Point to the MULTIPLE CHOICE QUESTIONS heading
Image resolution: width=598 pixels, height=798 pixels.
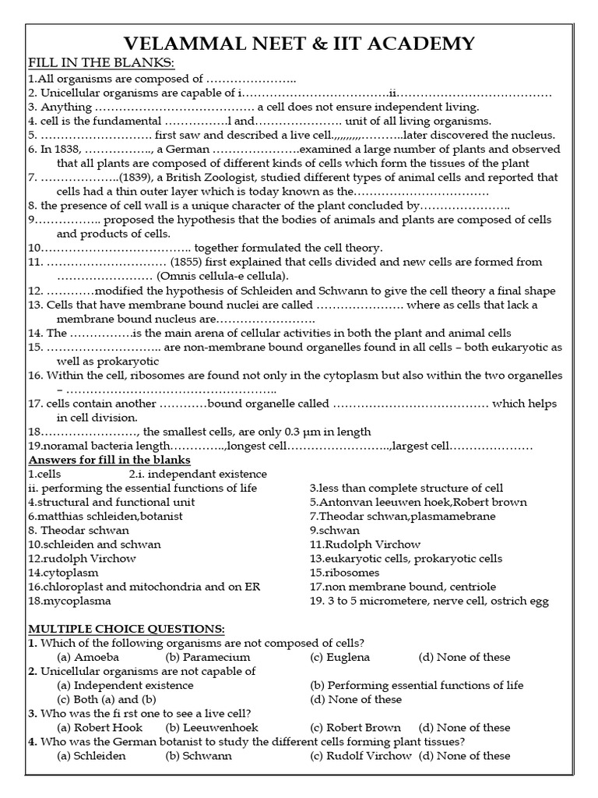[x=126, y=628]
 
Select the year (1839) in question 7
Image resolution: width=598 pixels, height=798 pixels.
[x=141, y=177]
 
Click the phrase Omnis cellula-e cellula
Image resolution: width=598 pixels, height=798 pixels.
[x=222, y=276]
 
